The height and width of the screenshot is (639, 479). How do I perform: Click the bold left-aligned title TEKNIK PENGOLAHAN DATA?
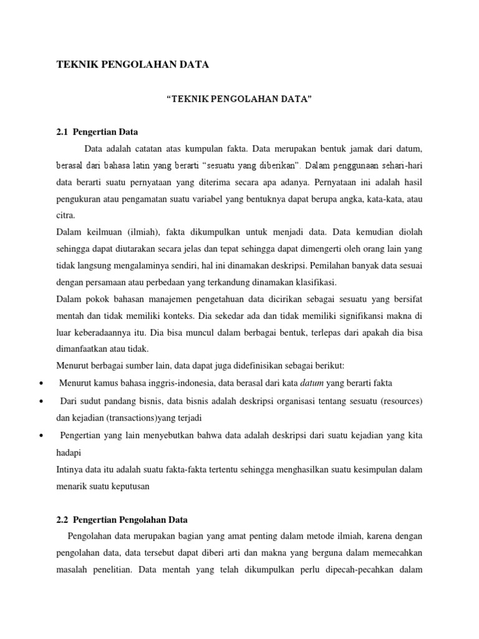coord(132,64)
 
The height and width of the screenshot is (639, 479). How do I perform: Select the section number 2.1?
coord(62,132)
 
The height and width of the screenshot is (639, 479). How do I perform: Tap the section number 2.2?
coord(62,520)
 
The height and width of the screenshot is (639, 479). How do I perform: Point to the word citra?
coord(65,215)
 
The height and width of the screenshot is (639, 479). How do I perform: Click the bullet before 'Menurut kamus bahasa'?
coord(41,383)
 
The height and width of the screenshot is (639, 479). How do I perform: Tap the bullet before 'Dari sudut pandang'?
coord(41,399)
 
